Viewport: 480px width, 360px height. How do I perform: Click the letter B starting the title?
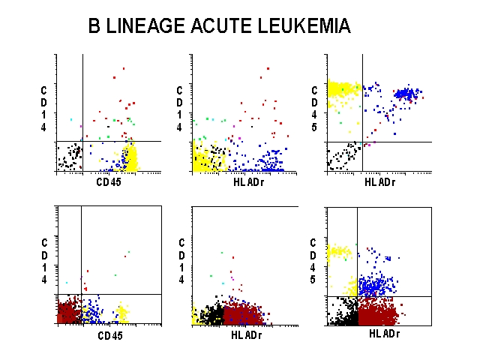[94, 27]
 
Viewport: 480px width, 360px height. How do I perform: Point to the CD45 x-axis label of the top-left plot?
[109, 181]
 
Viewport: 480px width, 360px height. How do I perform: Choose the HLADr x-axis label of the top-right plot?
[379, 181]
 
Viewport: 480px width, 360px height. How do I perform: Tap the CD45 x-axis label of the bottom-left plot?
[109, 335]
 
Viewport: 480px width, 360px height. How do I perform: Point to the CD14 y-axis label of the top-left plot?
[44, 109]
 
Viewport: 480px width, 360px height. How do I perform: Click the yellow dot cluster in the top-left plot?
[131, 158]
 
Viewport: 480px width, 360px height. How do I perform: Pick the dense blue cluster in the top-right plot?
[406, 94]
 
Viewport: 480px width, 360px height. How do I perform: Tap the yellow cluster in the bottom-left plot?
[122, 310]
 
